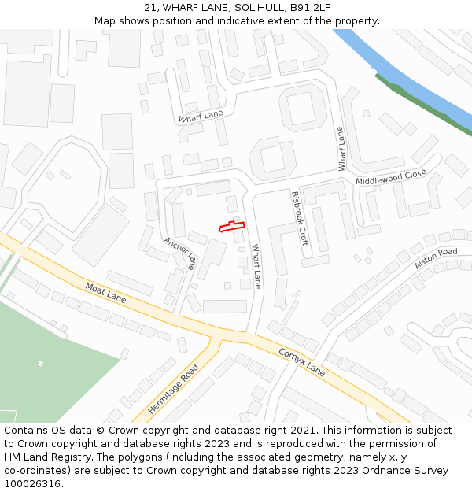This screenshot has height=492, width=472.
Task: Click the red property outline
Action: point(231,228)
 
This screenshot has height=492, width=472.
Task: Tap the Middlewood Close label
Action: point(391,177)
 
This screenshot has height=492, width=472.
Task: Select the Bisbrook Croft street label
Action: point(300,218)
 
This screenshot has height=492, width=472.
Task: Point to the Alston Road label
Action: point(436,258)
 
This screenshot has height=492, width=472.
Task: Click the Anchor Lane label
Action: point(179,253)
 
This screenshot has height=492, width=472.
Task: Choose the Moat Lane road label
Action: point(105,293)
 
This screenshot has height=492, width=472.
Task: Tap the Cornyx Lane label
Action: point(301,360)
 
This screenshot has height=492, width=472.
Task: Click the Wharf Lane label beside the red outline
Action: point(256,266)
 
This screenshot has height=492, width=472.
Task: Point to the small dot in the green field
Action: point(40,364)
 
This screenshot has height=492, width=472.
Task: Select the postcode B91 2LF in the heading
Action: point(304,7)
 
